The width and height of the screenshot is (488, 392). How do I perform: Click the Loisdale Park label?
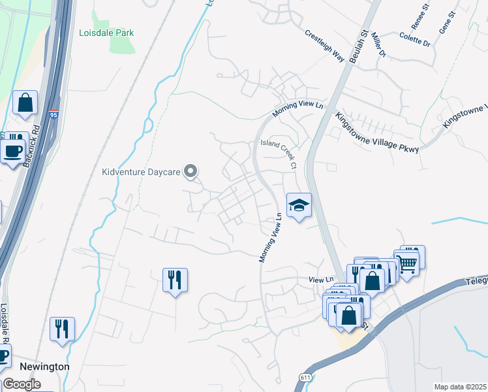point(106,31)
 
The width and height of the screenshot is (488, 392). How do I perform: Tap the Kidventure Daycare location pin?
point(191,172)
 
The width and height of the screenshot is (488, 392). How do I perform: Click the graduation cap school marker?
point(299,206)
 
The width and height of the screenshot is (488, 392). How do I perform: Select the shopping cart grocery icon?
point(408,263)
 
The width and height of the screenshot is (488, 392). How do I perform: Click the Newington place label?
point(44,367)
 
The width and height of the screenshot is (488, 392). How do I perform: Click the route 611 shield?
point(305,378)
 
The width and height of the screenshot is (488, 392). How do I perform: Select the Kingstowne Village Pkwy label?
point(376,130)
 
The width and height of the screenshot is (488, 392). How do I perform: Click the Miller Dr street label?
point(378,47)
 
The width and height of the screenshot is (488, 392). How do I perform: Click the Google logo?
point(22,384)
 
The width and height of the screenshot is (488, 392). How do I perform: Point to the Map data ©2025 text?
point(459,387)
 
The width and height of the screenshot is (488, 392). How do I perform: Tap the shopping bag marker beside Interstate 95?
point(25,103)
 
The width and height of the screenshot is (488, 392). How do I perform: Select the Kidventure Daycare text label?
point(141,172)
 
